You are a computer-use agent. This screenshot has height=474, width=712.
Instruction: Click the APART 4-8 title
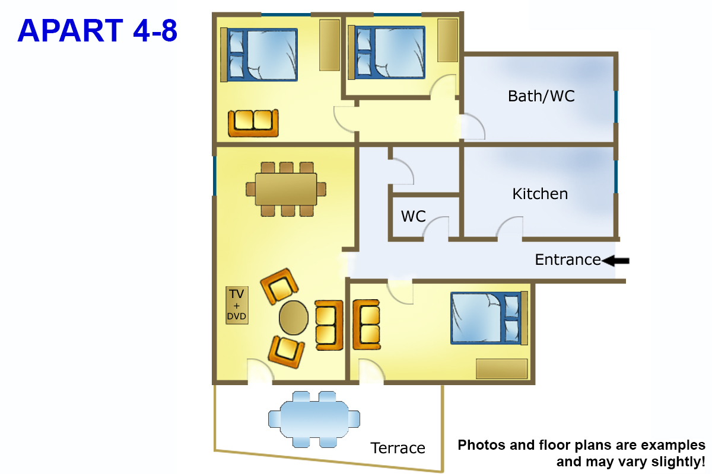click(97, 31)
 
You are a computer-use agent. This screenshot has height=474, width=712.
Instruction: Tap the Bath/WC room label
click(541, 96)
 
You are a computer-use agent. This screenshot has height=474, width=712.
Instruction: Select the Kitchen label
click(540, 194)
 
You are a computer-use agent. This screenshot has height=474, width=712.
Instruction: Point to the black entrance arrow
click(615, 261)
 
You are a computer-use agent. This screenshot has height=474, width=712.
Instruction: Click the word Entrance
click(568, 260)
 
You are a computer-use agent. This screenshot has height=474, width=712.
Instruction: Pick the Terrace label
click(398, 448)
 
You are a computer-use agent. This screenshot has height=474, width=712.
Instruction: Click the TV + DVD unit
click(237, 305)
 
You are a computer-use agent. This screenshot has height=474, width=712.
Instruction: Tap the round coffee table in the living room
click(293, 318)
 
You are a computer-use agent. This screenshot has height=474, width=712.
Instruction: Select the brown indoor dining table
click(286, 189)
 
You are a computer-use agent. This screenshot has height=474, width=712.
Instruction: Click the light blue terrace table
click(314, 419)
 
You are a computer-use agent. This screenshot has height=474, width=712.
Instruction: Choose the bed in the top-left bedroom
click(259, 55)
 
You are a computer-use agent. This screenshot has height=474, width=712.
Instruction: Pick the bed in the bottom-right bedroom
click(489, 318)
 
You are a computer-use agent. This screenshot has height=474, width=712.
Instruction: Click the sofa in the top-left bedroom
click(253, 123)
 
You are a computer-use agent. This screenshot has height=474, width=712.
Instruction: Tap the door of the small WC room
click(436, 227)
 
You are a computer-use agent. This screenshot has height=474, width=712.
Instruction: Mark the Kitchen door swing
click(510, 227)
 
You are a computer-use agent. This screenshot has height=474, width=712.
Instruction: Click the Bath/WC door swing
click(473, 126)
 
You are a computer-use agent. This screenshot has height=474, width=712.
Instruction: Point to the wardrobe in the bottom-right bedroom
click(501, 369)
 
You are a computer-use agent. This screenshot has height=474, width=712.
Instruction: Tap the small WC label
click(413, 216)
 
